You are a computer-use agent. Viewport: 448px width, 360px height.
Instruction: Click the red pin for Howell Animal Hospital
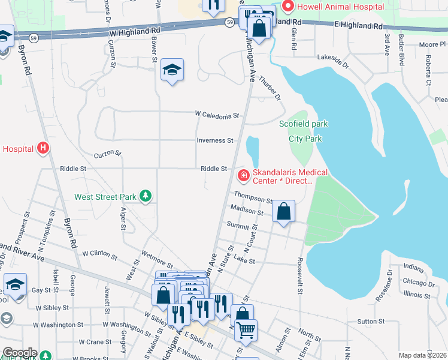click(288, 7)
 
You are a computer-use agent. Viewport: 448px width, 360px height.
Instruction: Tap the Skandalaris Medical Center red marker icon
click(243, 176)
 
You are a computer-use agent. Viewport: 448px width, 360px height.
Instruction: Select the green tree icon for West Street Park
click(144, 196)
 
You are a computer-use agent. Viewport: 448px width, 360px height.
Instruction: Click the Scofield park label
click(304, 124)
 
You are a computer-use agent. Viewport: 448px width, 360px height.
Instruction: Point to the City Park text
click(305, 139)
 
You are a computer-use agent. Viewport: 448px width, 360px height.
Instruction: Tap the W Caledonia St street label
click(217, 115)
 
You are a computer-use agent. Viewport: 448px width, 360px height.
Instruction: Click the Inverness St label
click(215, 140)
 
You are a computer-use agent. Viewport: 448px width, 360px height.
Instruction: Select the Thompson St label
click(253, 196)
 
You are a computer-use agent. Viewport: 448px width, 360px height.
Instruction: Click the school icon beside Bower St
click(172, 70)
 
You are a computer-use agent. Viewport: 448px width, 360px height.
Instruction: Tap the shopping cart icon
click(246, 329)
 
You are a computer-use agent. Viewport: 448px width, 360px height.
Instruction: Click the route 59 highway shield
click(230, 22)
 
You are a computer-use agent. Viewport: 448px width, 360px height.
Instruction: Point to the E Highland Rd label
click(359, 26)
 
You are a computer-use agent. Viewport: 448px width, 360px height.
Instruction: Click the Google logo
click(19, 353)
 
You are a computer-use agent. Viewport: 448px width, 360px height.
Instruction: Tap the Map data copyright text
click(422, 355)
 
